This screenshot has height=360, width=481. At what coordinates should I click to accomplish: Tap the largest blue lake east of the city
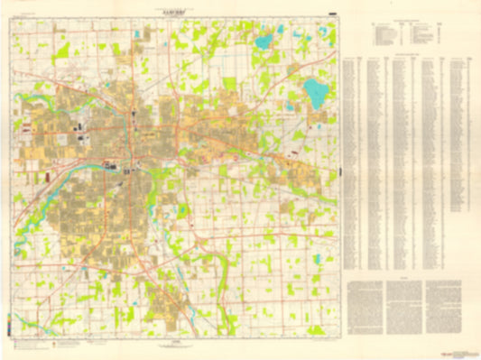click(315, 90)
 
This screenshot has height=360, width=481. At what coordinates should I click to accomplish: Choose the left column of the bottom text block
click(365, 308)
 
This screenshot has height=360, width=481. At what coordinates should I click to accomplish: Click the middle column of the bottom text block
click(404, 308)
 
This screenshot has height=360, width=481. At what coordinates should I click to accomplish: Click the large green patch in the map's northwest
click(61, 52)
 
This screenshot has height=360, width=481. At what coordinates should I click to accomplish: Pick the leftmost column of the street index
click(354, 162)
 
